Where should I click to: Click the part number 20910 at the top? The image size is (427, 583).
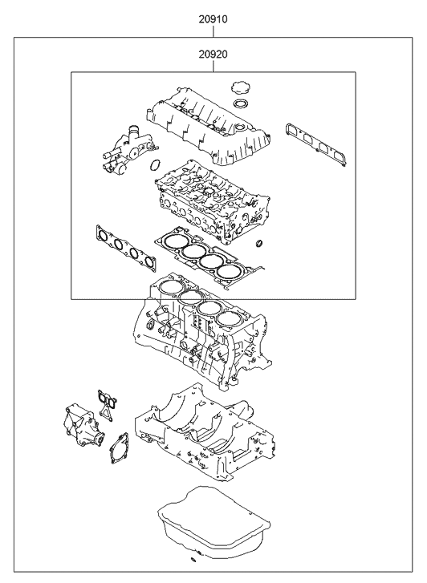point(213,17)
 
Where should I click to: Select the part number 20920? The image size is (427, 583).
point(213,54)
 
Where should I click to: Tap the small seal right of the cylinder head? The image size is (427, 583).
point(258,243)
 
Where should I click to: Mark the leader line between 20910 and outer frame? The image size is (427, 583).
point(213,30)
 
